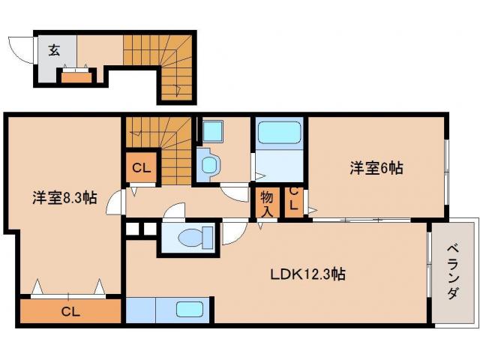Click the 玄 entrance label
55,51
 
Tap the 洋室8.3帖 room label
64,198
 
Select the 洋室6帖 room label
376,169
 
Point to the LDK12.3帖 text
307,274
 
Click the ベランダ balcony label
453,271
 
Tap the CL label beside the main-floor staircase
139,169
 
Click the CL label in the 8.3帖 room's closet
70,311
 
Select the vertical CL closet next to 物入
294,201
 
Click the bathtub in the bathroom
279,135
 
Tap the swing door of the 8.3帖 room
115,201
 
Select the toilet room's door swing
232,231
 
